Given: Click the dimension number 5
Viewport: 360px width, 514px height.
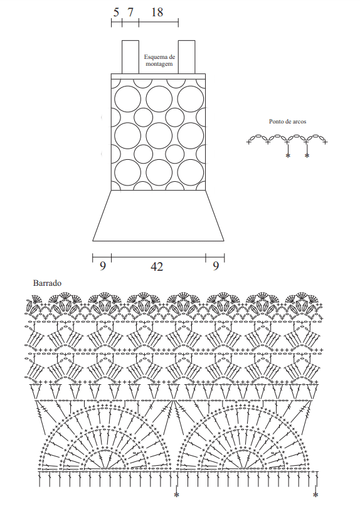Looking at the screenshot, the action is click(116, 13).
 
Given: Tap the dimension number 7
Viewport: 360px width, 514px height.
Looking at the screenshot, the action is click(130, 13).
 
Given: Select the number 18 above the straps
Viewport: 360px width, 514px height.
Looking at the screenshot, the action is click(157, 13).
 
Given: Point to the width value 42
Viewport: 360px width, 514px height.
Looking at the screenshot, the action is click(157, 266).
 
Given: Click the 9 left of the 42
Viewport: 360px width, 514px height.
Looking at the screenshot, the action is click(103, 266).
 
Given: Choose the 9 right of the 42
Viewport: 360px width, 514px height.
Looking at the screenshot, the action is click(215, 266).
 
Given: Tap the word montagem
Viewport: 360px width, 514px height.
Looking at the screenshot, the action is click(159, 64).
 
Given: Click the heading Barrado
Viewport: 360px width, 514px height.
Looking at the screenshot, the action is click(47, 283).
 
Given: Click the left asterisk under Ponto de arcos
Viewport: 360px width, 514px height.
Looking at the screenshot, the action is click(288, 155).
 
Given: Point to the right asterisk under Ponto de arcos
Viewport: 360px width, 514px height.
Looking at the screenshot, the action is click(307, 155).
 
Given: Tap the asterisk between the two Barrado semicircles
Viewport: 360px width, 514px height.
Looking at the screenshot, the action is click(176, 495).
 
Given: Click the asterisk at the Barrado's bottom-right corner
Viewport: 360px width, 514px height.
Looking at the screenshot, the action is click(315, 495).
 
